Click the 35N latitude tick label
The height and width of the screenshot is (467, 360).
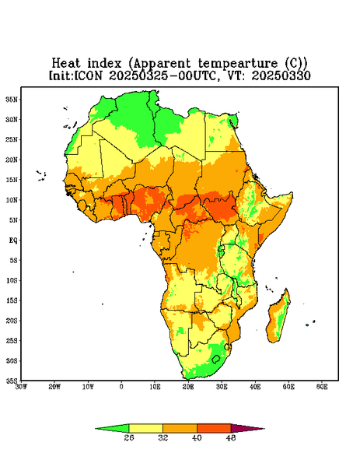point(12,100)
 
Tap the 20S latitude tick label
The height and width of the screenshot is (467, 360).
point(12,321)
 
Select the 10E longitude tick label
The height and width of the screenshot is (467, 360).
point(155,387)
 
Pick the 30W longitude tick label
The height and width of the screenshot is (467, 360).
point(22,387)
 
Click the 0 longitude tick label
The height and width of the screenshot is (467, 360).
point(121,387)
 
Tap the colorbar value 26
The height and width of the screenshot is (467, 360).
point(129,437)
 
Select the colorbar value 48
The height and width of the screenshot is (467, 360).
point(231,437)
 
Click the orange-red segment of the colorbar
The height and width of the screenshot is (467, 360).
point(214,428)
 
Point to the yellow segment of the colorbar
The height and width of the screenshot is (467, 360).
point(145,428)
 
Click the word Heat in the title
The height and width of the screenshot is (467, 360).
point(66,63)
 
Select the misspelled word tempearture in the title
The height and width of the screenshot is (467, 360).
point(239,64)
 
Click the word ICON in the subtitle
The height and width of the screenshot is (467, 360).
point(88,75)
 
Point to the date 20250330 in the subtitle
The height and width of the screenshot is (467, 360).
point(281,75)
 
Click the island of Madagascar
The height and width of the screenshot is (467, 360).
point(278,318)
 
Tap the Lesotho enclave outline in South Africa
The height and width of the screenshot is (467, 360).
point(216,359)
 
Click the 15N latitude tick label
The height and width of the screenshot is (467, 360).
point(12,180)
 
